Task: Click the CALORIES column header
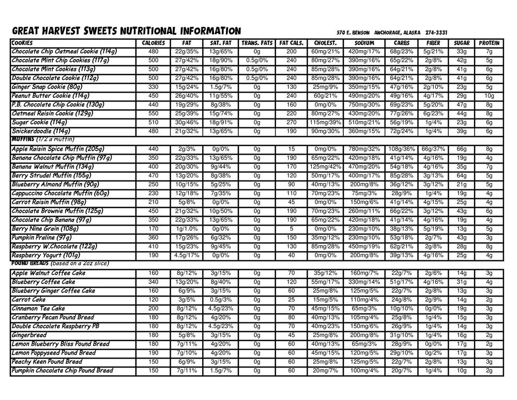tap(153, 43)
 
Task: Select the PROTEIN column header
tap(489, 43)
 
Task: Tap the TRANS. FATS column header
tap(257, 43)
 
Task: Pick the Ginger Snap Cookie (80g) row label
tap(47, 87)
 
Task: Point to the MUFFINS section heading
tap(23, 139)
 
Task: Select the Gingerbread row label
tap(29, 335)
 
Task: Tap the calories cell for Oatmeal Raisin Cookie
tap(153, 113)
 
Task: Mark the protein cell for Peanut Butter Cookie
tap(489, 96)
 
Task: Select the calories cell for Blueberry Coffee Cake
tap(153, 282)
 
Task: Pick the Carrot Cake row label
tap(28, 300)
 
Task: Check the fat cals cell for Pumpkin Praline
tap(292, 238)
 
